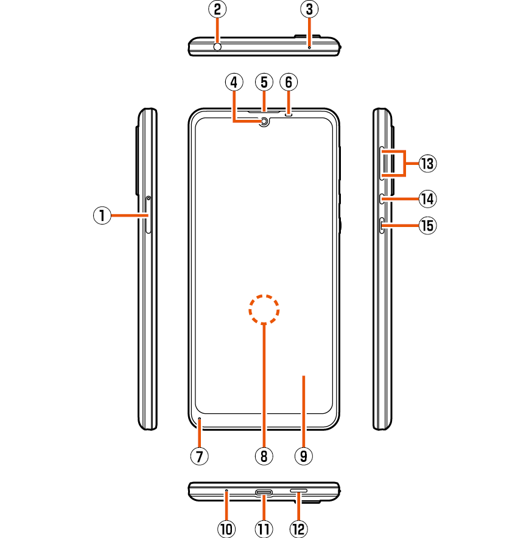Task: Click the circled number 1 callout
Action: tap(102, 215)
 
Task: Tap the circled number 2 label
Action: tap(217, 9)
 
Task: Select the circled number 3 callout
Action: tap(309, 9)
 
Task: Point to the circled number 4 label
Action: tap(233, 82)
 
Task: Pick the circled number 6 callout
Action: tap(288, 82)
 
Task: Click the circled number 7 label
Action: tap(199, 455)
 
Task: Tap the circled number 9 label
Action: tap(303, 455)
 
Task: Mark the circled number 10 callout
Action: tap(226, 529)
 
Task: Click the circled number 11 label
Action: tap(264, 529)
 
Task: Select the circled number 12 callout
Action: tap(298, 529)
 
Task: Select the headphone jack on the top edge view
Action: tap(217, 46)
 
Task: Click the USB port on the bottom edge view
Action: tap(264, 492)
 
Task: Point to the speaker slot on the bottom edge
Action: tap(298, 490)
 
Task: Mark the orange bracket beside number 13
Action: tap(404, 163)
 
